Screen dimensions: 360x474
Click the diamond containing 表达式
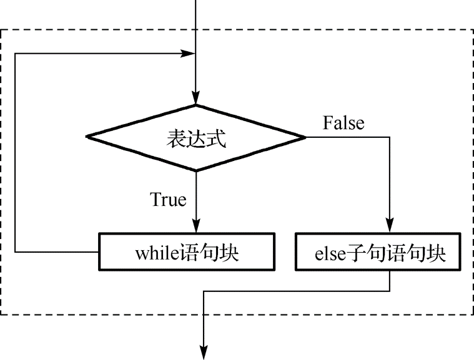click(195, 138)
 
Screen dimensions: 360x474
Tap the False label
click(343, 123)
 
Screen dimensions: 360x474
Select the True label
click(168, 200)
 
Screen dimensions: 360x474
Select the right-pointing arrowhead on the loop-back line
click(188, 54)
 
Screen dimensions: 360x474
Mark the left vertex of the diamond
click(86, 137)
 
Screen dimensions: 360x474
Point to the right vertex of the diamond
click(305, 137)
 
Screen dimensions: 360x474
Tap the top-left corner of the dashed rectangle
click(1, 29)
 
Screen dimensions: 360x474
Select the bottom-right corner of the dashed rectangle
click(472, 314)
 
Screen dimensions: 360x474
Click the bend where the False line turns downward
click(390, 137)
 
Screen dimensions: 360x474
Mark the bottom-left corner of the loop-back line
click(15, 252)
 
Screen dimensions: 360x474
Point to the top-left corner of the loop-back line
click(15, 54)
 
